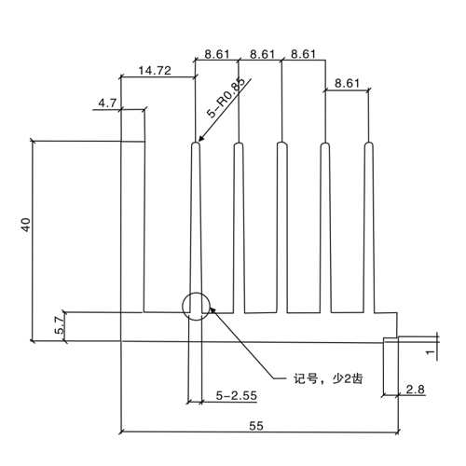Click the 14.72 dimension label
tap(155, 71)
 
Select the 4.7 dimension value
tap(107, 103)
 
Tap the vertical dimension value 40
tap(26, 225)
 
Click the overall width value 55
tap(256, 426)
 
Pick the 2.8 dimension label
tap(415, 389)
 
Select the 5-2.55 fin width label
tap(237, 395)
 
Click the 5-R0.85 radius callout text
tap(226, 98)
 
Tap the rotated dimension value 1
tap(431, 352)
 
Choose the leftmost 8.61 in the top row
tap(217, 54)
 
